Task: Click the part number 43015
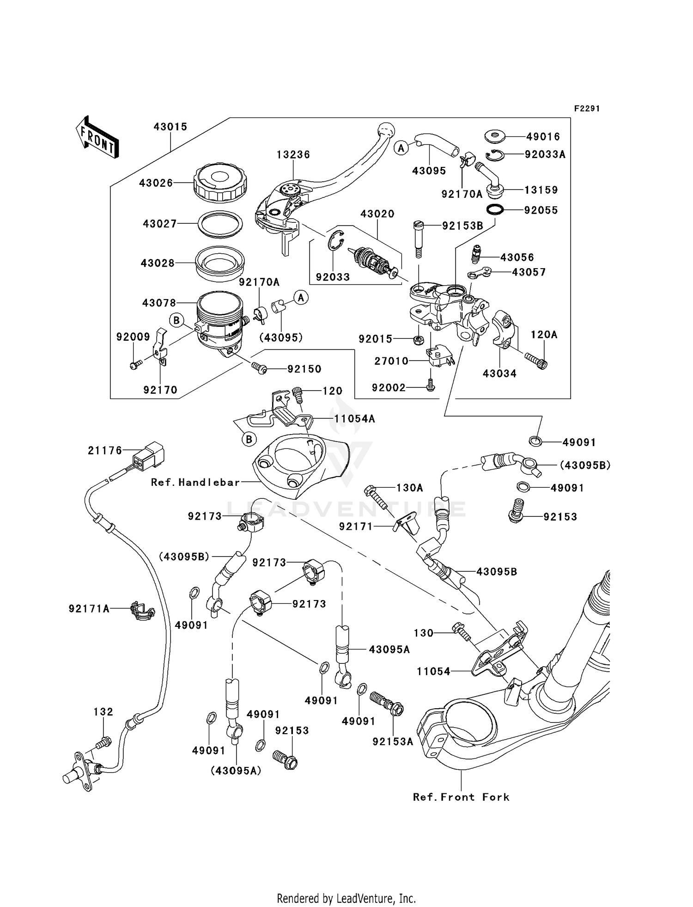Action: (170, 127)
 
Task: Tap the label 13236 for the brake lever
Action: (293, 154)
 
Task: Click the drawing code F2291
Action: (587, 109)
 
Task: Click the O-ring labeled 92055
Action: (496, 209)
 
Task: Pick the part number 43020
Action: (377, 214)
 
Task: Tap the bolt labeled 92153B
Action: (418, 239)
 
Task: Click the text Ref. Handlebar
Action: (195, 482)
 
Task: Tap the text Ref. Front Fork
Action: (461, 797)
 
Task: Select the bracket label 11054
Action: (433, 671)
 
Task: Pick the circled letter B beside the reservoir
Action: (177, 320)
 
